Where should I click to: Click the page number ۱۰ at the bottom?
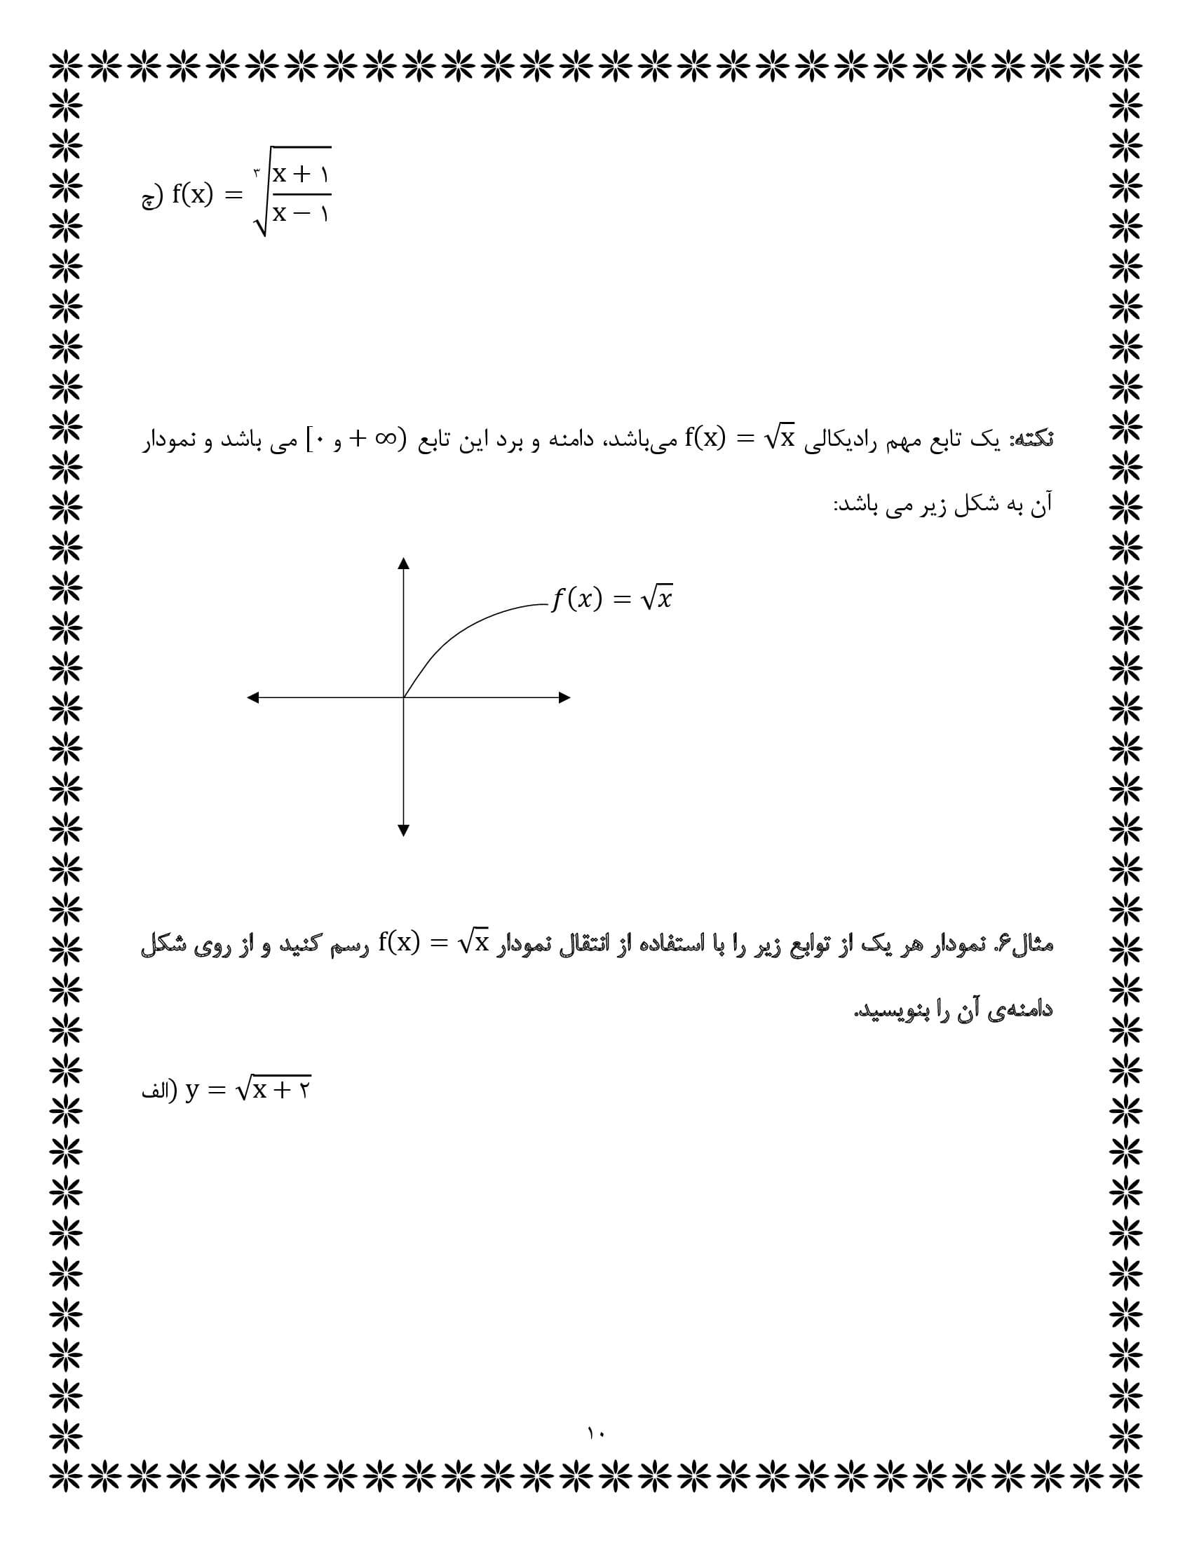point(595,1433)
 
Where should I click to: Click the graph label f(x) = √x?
point(611,599)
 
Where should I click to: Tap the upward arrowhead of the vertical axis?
point(403,564)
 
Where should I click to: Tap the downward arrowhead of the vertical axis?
point(403,831)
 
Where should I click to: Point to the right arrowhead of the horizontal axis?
point(564,697)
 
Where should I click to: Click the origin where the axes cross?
point(403,697)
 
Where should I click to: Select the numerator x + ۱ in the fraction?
point(302,174)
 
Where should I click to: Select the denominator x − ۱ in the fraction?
point(302,212)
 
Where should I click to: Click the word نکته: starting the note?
point(1033,440)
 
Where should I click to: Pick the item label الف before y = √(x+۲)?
point(156,1091)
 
